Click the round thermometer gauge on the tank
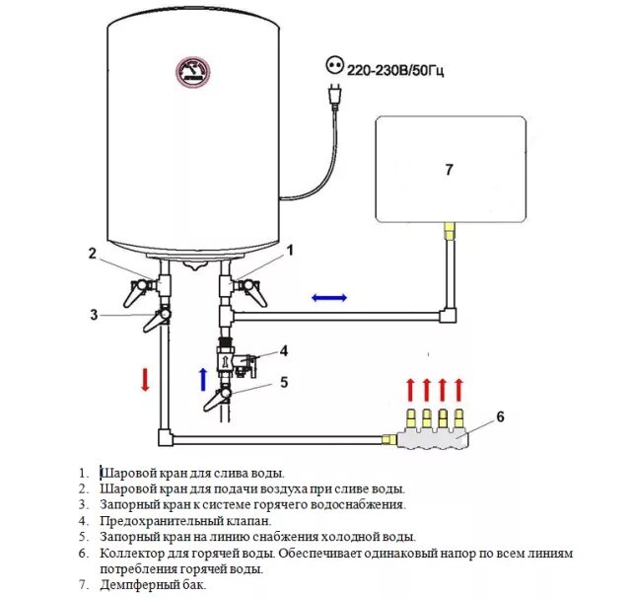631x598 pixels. [x=193, y=73]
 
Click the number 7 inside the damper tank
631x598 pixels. [x=449, y=170]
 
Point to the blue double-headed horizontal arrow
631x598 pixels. [x=330, y=297]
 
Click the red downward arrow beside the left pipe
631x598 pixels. [x=144, y=380]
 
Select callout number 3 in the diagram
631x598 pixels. [x=94, y=315]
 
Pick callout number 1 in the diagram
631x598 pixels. [x=290, y=251]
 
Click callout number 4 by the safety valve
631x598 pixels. [x=283, y=350]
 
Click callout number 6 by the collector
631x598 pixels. [x=500, y=416]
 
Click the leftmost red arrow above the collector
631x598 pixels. [x=412, y=388]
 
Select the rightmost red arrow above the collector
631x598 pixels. [x=458, y=388]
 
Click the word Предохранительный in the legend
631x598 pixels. [x=156, y=520]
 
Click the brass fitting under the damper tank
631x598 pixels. [x=450, y=230]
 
